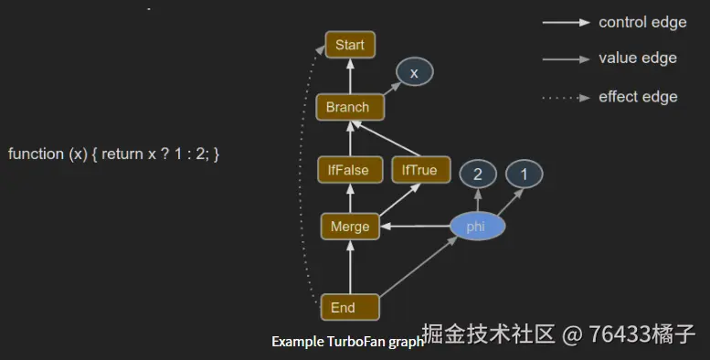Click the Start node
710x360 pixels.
click(x=350, y=45)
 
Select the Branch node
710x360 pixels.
click(x=348, y=107)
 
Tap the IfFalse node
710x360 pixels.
click(x=348, y=170)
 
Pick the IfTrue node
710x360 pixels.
click(x=414, y=170)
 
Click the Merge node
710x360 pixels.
click(x=350, y=227)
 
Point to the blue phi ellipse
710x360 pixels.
click(x=476, y=227)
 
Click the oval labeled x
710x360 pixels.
click(x=414, y=73)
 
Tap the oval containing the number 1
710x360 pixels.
click(x=525, y=173)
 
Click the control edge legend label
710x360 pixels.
click(x=642, y=22)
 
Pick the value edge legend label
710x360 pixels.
click(x=638, y=58)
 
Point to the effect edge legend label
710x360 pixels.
click(x=638, y=96)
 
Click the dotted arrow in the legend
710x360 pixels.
click(x=565, y=97)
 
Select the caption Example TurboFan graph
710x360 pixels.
click(x=347, y=342)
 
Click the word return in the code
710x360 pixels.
click(x=122, y=154)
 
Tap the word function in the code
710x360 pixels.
click(x=37, y=154)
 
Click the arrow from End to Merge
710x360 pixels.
click(x=350, y=268)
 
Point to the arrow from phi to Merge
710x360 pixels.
click(x=416, y=227)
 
